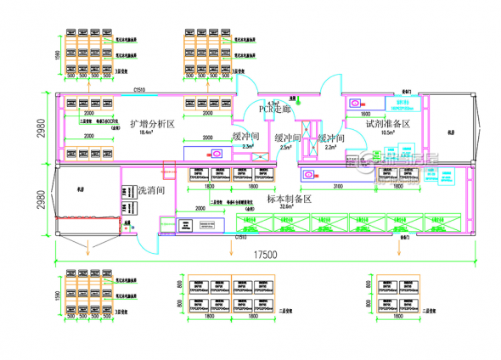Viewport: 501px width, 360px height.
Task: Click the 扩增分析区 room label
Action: (x=152, y=124)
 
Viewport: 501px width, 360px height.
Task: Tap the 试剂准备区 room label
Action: (x=387, y=124)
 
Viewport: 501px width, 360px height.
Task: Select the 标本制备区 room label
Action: (x=290, y=198)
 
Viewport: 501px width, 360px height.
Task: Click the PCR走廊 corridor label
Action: (x=274, y=109)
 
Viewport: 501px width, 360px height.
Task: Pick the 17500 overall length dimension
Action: (x=263, y=253)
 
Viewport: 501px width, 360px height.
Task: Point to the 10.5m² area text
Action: (x=390, y=132)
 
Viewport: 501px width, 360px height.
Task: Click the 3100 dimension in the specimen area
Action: (x=337, y=185)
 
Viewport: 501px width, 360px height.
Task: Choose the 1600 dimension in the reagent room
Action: (x=365, y=113)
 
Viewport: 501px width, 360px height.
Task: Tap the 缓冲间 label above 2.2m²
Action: (x=330, y=138)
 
